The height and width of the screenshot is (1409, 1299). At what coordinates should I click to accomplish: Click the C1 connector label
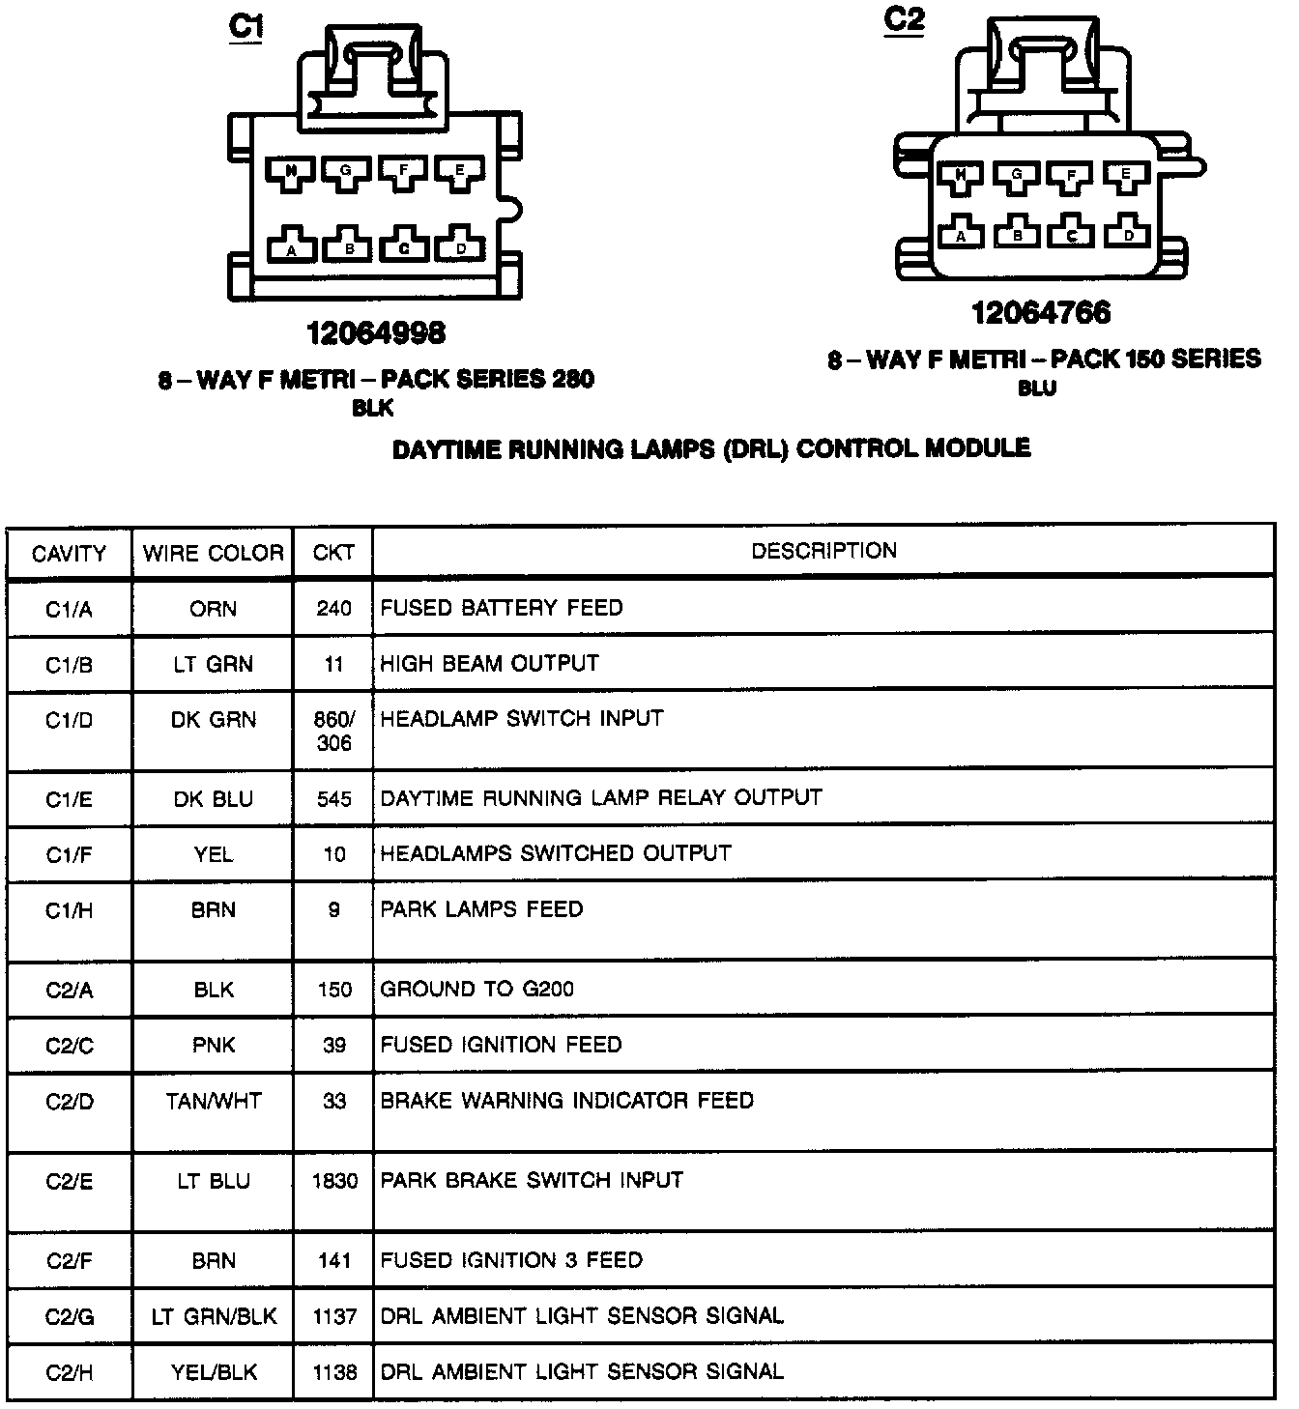pos(245,26)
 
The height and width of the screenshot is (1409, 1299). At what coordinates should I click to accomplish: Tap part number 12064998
pos(376,332)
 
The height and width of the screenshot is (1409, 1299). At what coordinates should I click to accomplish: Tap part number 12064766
pos(1041,312)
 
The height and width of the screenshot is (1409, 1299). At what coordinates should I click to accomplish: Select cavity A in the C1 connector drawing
pos(291,245)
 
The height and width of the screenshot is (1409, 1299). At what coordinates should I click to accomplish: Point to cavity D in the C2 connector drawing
pos(1127,232)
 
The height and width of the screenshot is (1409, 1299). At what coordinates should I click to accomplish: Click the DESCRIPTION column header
pos(823,551)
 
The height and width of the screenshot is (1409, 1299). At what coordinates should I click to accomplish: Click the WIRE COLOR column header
pos(214,553)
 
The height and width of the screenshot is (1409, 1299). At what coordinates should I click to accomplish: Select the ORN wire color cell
pos(214,609)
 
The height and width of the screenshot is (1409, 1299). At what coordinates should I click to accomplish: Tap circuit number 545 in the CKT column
pos(333,799)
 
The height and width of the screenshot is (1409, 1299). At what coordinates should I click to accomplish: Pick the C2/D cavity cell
pos(70,1101)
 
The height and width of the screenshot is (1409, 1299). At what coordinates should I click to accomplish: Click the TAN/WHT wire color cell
pos(214,1101)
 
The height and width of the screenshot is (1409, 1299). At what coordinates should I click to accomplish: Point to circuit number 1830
pos(334,1181)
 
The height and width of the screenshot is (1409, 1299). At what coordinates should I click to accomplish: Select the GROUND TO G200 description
pos(476,989)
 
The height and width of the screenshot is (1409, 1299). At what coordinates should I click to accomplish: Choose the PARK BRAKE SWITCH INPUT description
pos(532,1180)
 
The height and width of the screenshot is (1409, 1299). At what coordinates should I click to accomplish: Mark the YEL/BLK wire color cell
pos(214,1372)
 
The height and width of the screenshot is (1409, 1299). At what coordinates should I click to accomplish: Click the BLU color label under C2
pos(1037,388)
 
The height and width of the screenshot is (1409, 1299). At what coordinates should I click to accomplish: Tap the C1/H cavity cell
pos(70,910)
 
